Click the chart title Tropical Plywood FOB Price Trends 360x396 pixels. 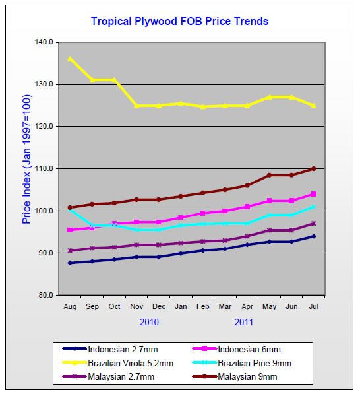[179, 21]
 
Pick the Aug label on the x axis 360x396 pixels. [69, 307]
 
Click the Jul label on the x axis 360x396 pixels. [314, 307]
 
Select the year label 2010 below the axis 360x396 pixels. [149, 322]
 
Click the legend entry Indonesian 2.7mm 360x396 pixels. [120, 348]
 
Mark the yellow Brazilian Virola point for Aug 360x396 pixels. [69, 59]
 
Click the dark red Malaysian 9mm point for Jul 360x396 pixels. [314, 168]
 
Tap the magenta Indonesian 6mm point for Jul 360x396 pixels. [314, 194]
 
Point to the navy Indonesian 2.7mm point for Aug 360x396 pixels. [69, 263]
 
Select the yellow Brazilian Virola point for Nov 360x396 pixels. [136, 106]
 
